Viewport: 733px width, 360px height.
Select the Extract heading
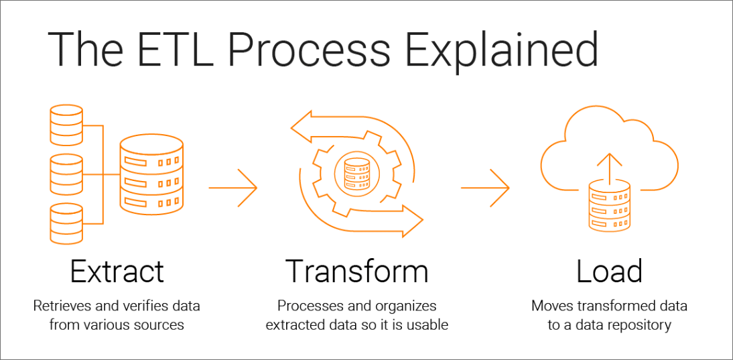coord(117,271)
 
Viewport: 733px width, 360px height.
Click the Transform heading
coord(356,271)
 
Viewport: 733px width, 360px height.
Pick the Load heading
coord(609,271)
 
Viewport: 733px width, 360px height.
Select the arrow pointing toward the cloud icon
coord(485,187)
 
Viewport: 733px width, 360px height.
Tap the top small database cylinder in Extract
coord(66,125)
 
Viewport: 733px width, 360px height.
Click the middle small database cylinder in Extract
coord(66,174)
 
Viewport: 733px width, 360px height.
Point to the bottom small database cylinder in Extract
coord(66,223)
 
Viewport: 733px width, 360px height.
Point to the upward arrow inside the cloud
coord(608,164)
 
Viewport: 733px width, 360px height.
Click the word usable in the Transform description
coord(428,325)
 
